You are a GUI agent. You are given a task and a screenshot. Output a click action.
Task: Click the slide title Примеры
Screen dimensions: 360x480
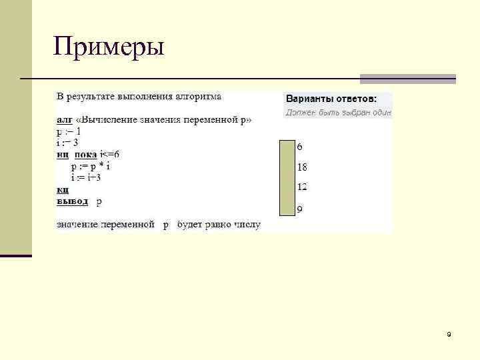coord(109,47)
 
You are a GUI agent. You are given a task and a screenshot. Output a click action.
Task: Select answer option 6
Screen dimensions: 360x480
coord(299,146)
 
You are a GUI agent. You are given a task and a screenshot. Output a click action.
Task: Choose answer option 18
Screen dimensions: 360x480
coord(301,167)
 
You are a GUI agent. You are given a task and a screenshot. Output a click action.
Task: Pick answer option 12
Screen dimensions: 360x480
coord(301,187)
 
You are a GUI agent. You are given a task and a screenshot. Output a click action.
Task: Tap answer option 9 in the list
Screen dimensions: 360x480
coord(299,209)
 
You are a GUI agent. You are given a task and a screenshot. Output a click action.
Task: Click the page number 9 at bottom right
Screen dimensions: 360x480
coord(449,333)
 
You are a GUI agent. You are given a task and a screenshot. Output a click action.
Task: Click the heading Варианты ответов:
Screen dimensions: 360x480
coord(331,98)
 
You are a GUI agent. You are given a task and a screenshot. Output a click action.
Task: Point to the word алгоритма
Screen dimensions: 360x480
coord(198,97)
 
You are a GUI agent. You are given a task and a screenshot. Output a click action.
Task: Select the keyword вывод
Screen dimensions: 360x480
coord(72,200)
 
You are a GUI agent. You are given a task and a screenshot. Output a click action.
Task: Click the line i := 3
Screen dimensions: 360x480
coord(67,143)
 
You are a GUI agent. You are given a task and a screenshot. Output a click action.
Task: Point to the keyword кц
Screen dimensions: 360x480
coord(62,189)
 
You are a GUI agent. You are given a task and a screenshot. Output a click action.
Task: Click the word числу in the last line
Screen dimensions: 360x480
coord(245,225)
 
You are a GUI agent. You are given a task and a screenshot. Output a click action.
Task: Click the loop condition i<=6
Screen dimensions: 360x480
coord(109,155)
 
